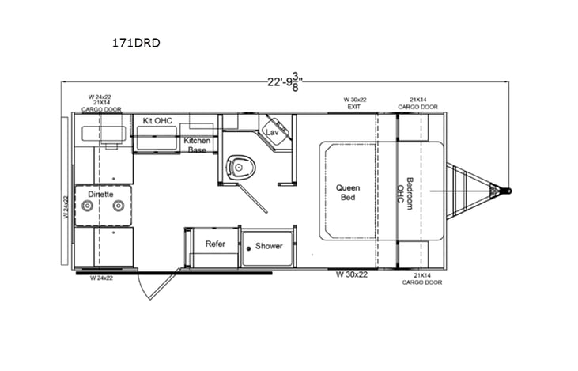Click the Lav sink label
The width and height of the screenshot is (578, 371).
273,131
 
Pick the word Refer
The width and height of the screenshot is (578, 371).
216,244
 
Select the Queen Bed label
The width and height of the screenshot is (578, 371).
347,192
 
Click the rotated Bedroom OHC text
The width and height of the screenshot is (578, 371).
404,192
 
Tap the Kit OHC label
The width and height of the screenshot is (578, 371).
157,120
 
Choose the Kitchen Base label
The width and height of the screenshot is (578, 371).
197,145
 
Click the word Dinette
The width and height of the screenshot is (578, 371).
100,193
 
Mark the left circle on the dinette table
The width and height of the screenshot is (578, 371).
89,206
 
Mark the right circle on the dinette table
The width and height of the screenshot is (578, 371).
118,206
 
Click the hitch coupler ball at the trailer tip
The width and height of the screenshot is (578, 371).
507,191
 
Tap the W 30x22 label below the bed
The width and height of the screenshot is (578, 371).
352,274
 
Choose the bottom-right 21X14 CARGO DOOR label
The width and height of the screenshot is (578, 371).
421,279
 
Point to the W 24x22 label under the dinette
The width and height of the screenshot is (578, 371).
102,278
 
